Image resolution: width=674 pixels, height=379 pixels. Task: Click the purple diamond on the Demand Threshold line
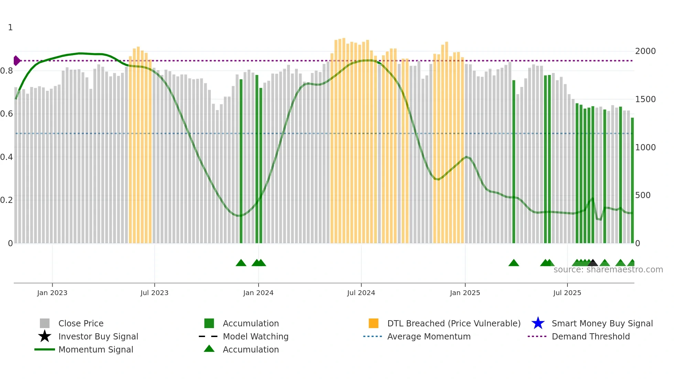[x=17, y=61]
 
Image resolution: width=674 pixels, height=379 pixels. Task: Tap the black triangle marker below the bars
[x=593, y=263]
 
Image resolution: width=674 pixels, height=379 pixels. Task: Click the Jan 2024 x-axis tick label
[x=258, y=293]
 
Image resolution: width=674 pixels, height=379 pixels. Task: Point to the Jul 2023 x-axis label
[x=154, y=293]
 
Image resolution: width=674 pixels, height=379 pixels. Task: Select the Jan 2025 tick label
[x=465, y=293]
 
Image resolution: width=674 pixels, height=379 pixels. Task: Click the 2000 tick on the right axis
[x=645, y=51]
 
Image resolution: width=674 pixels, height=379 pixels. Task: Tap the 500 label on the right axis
[x=643, y=195]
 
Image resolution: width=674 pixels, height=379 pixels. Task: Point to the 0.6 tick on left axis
[x=7, y=114]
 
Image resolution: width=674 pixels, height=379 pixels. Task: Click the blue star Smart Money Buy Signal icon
[x=538, y=323]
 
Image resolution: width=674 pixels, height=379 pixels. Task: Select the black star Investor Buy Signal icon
[x=45, y=336]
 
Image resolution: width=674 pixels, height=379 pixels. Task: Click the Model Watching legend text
[x=256, y=336]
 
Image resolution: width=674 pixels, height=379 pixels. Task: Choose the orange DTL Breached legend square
[x=373, y=323]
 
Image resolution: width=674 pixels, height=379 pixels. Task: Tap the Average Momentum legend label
[x=429, y=336]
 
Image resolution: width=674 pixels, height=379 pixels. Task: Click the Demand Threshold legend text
[x=591, y=336]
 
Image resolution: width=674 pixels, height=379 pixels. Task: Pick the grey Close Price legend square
[x=45, y=323]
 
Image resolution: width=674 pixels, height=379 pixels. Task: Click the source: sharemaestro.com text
[x=608, y=270]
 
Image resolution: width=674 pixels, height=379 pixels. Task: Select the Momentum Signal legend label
[x=96, y=349]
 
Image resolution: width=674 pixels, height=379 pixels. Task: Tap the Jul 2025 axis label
[x=567, y=293]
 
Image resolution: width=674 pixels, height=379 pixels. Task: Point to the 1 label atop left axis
[x=10, y=28]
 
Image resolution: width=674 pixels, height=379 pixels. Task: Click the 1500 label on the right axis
[x=645, y=99]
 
